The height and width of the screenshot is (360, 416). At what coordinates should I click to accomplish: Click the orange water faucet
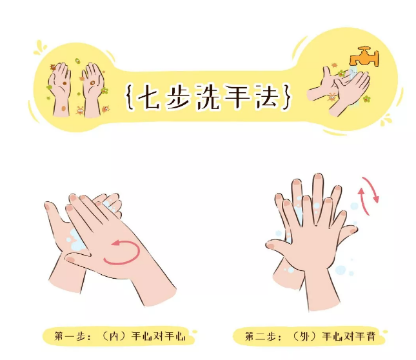click(x=364, y=56)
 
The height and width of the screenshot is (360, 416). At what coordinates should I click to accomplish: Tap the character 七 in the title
click(x=149, y=97)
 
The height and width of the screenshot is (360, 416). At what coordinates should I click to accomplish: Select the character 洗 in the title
click(x=207, y=97)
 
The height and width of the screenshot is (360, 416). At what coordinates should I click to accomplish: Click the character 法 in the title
click(x=267, y=97)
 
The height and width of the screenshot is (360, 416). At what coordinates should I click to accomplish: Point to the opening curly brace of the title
click(x=129, y=97)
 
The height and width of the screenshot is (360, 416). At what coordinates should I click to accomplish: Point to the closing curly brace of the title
click(x=287, y=97)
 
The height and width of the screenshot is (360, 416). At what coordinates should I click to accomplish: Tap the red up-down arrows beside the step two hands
click(x=368, y=195)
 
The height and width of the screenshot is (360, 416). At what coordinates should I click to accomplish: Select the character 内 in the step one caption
click(x=114, y=337)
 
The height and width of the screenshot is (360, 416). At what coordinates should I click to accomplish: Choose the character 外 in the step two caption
click(x=305, y=336)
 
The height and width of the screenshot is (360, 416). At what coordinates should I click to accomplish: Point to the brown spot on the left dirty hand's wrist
click(x=64, y=108)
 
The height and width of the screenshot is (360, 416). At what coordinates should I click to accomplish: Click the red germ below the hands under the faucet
click(x=332, y=97)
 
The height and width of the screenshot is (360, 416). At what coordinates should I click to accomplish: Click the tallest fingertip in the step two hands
click(x=318, y=177)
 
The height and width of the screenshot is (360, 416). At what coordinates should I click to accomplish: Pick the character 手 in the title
click(x=237, y=97)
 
